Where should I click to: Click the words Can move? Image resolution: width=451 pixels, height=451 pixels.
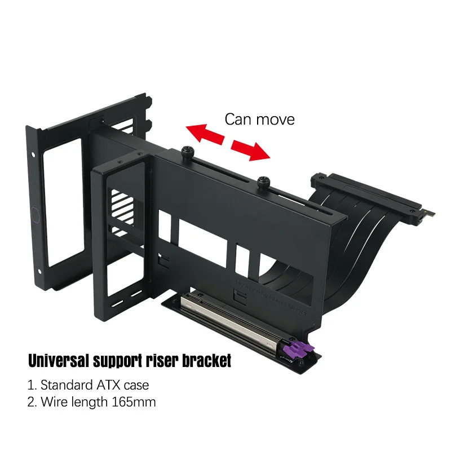click(259, 120)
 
